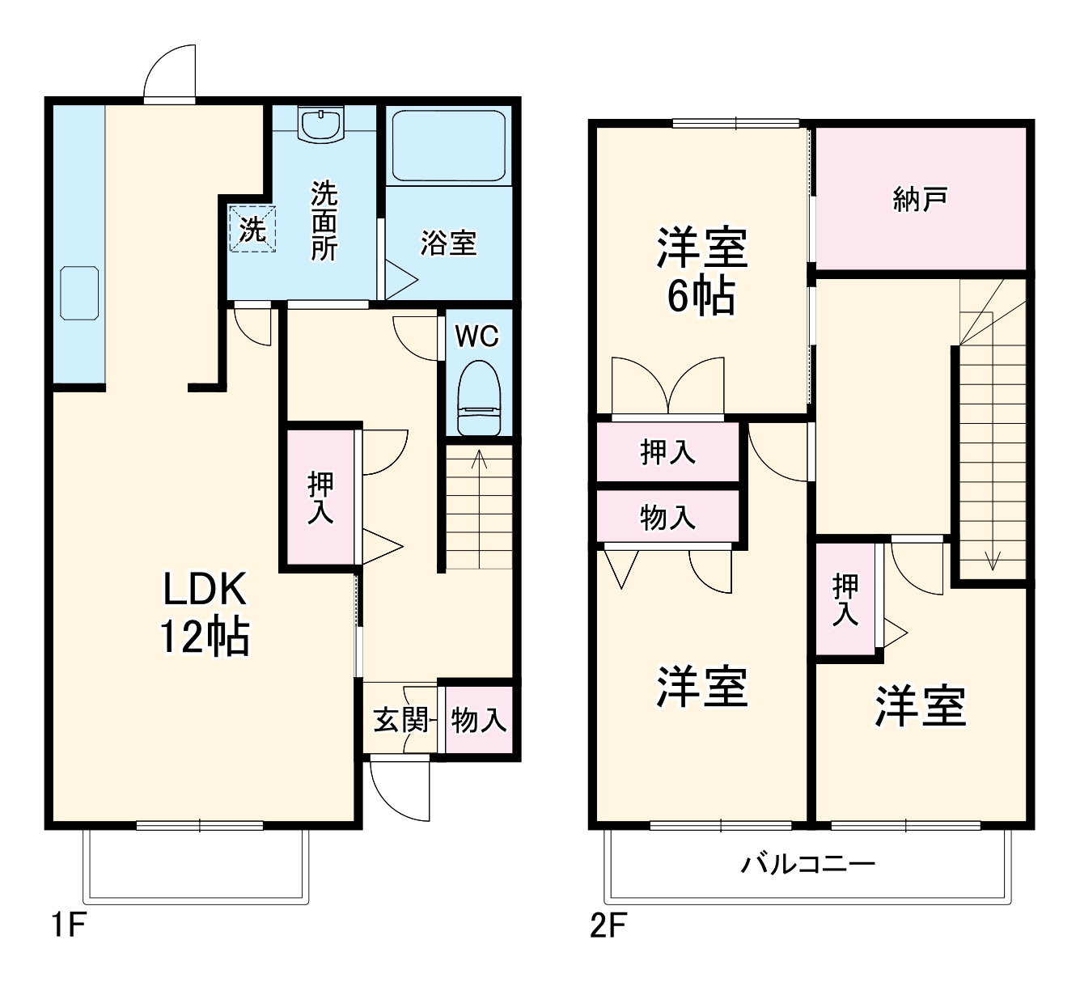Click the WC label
tap(477, 336)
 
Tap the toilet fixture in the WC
tap(480, 399)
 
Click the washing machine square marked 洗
tap(252, 229)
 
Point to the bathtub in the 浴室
tap(448, 145)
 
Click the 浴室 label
tap(448, 243)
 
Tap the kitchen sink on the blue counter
tap(79, 292)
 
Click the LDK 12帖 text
tap(205, 612)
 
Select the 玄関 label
tap(400, 719)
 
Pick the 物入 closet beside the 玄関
tap(479, 719)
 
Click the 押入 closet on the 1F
tap(320, 497)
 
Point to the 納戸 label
tap(921, 199)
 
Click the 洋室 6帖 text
tap(701, 272)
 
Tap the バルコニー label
tap(808, 865)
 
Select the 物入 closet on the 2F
tap(668, 516)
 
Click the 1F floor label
tap(68, 925)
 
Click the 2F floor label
tap(608, 925)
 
